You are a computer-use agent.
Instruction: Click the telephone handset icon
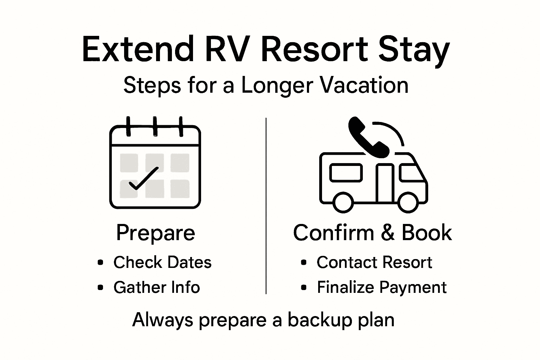pyautogui.click(x=367, y=137)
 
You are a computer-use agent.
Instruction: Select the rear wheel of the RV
pyautogui.click(x=343, y=202)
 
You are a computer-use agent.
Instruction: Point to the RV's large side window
pyautogui.click(x=346, y=173)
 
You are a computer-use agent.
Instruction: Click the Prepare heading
pyautogui.click(x=155, y=233)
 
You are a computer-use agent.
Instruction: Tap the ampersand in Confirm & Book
pyautogui.click(x=388, y=233)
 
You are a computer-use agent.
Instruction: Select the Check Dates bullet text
pyautogui.click(x=162, y=263)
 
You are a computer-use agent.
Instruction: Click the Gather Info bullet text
pyautogui.click(x=156, y=287)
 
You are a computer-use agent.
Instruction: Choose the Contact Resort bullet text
pyautogui.click(x=374, y=263)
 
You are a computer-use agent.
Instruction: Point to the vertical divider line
pyautogui.click(x=266, y=206)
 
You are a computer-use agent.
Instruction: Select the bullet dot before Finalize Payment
pyautogui.click(x=304, y=288)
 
